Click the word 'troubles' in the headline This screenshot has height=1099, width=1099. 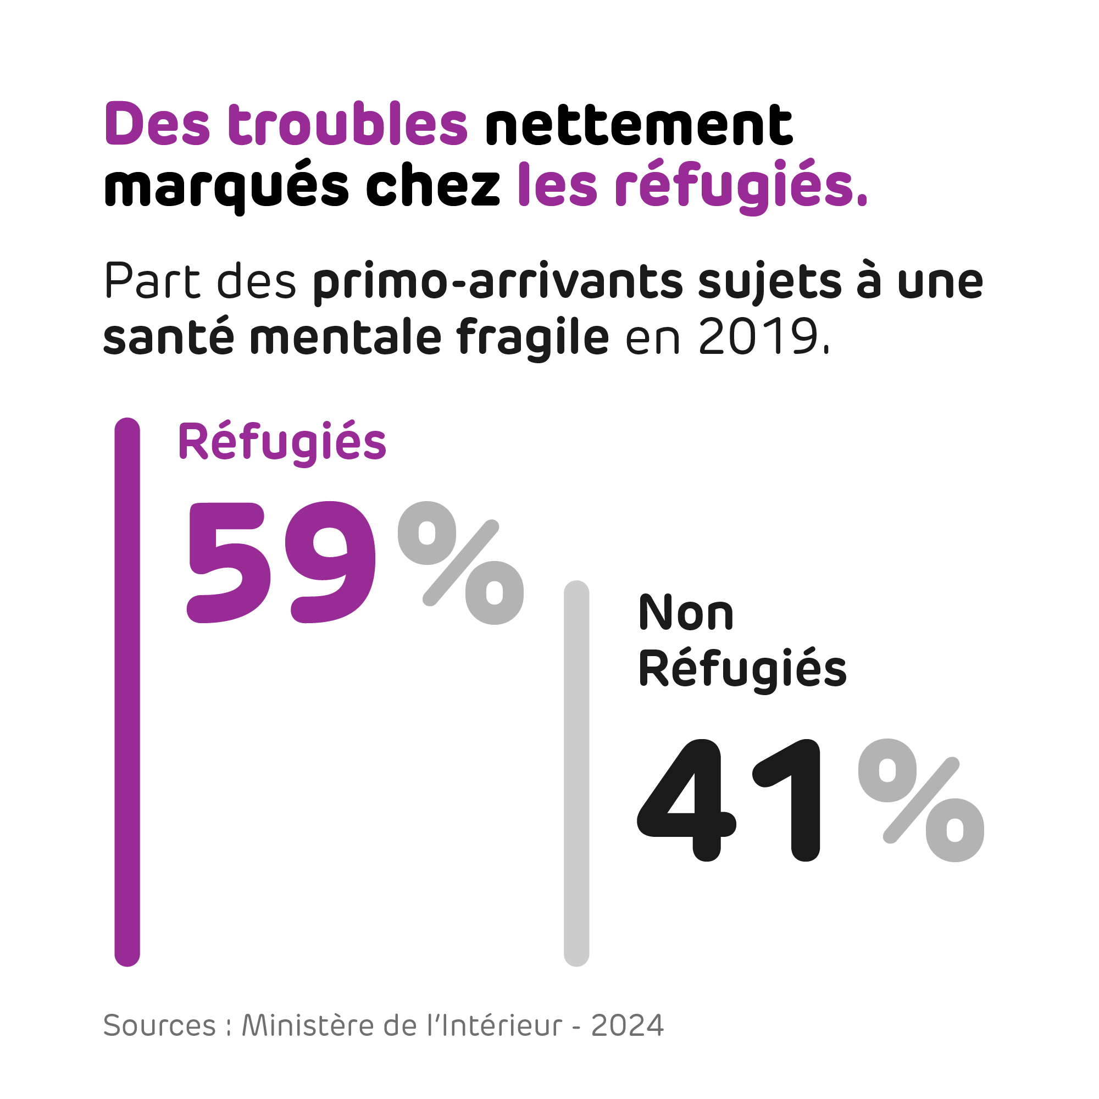tap(348, 124)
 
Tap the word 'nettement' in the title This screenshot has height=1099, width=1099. tap(638, 125)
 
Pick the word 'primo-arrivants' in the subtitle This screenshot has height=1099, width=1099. tap(498, 282)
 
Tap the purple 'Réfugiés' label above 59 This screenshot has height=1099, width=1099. tap(282, 442)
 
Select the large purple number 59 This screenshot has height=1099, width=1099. tap(281, 562)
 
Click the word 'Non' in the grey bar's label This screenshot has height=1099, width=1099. tap(686, 613)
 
